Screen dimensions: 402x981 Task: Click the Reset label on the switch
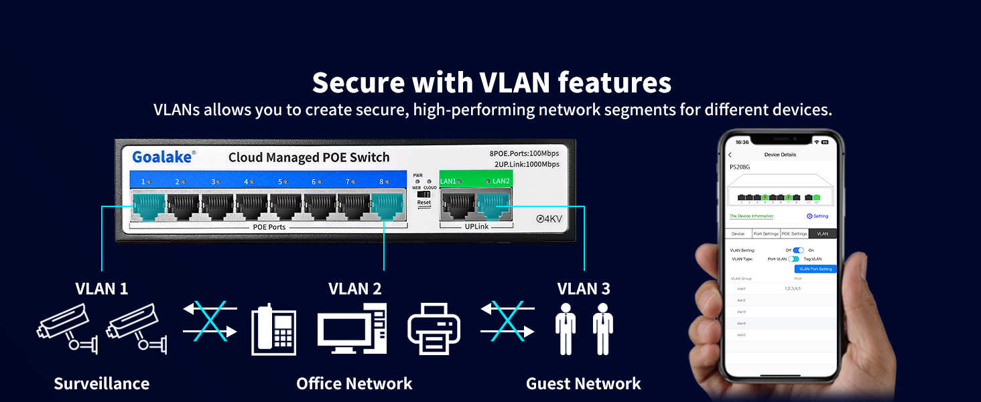(x=424, y=202)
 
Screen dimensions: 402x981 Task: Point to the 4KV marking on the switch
(x=548, y=218)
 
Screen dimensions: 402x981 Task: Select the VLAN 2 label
(x=354, y=289)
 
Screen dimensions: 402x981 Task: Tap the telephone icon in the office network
(x=273, y=330)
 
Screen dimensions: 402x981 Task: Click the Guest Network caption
(x=583, y=384)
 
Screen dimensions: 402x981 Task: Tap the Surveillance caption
(x=102, y=384)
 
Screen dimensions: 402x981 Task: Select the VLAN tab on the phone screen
(x=822, y=234)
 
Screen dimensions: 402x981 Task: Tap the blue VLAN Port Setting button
(x=815, y=269)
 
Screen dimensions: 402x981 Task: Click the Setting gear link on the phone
(x=817, y=216)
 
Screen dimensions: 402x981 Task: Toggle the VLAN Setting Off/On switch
(x=798, y=250)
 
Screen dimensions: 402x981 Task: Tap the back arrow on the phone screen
(x=730, y=155)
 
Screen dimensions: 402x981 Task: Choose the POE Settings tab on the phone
(x=795, y=234)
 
